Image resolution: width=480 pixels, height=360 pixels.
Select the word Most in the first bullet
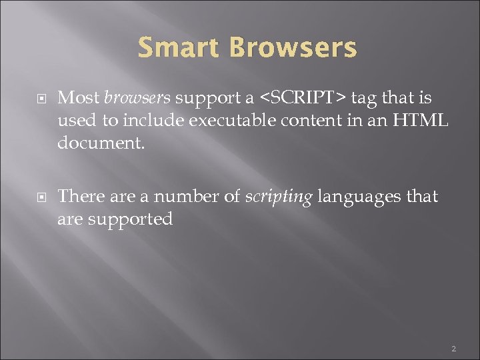(x=79, y=98)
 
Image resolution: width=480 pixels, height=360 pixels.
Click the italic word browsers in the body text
(x=137, y=98)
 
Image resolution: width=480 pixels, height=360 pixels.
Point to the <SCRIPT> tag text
(x=302, y=98)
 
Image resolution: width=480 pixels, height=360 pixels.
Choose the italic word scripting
(x=279, y=197)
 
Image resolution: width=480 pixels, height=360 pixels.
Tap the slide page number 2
(x=454, y=347)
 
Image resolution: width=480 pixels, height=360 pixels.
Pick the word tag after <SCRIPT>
(x=363, y=99)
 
